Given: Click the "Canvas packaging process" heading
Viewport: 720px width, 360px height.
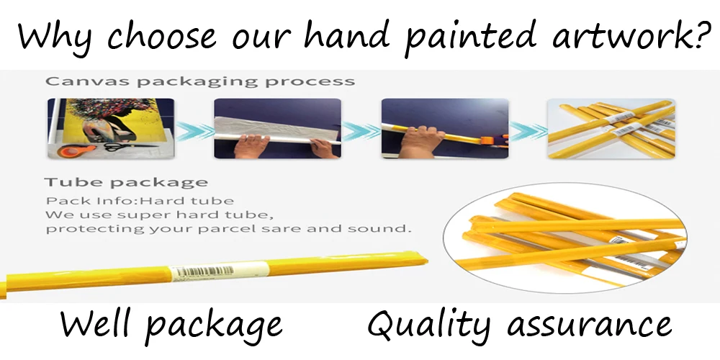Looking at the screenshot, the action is coord(200,82).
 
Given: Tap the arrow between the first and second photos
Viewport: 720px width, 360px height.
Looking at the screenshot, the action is coord(194,131).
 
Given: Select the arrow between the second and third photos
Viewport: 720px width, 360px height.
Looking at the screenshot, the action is coord(361,131).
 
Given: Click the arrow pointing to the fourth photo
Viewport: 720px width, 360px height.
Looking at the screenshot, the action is coord(528,131).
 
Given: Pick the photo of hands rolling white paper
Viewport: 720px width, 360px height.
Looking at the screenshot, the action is coord(277,129).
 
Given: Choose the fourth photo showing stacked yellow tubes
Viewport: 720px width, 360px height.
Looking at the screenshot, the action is coord(611,129).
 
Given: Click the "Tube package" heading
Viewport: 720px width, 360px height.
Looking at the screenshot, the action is coord(126,183).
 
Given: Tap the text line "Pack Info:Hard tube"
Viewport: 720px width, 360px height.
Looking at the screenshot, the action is coord(140,201).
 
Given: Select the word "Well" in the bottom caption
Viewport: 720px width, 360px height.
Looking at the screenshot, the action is coord(96,325).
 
